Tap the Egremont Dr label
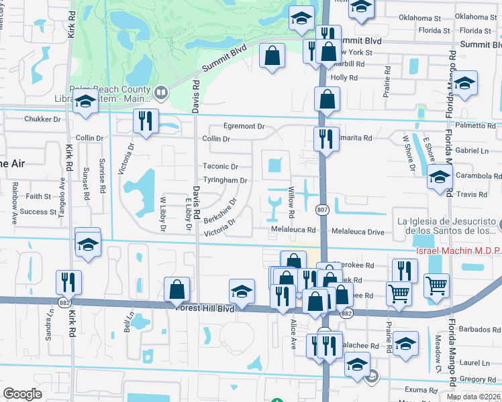point(244,126)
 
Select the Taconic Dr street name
point(221,166)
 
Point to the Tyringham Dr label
point(225,180)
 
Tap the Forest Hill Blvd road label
point(204,309)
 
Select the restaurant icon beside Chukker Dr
point(146,121)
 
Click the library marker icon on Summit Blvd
point(160,92)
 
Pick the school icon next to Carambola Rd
point(440,178)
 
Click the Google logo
point(22,394)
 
